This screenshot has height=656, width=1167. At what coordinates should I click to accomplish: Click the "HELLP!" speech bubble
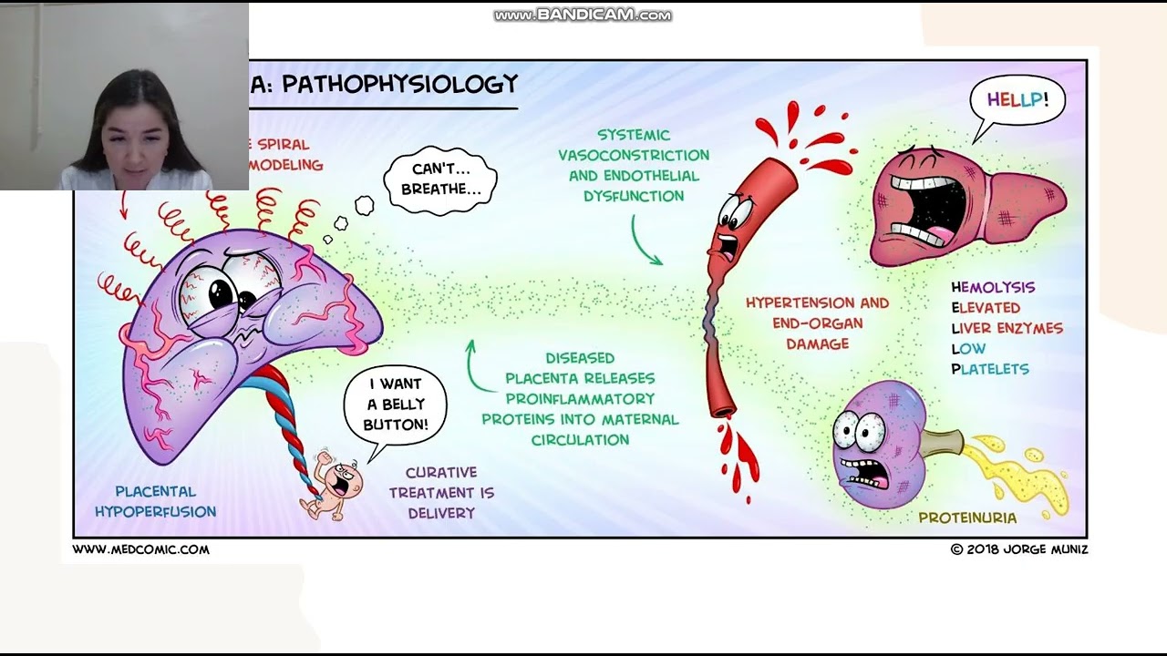(1017, 100)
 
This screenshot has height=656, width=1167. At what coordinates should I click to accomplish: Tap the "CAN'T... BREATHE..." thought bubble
(440, 179)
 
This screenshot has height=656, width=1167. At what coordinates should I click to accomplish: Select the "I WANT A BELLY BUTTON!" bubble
(395, 405)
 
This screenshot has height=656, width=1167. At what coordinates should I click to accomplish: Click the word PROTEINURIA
(966, 518)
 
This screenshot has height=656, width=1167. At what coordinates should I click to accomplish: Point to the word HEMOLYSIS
(993, 287)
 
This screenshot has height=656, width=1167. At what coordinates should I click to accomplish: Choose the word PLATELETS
(989, 369)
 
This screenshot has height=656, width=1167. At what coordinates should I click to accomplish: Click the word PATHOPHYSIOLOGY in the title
(399, 85)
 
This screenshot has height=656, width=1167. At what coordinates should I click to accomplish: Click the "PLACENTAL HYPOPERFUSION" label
(155, 502)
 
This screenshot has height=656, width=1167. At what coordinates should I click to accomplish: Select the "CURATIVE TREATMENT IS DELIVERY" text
(441, 493)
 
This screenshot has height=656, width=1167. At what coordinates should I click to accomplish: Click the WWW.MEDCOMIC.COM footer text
(140, 549)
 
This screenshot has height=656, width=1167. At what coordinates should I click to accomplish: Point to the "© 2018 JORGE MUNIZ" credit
(1018, 549)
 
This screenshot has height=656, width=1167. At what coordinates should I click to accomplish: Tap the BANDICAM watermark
(583, 15)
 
